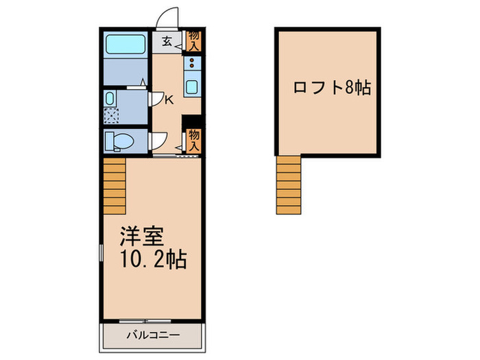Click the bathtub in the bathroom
(x=125, y=45)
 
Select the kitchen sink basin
(x=191, y=88)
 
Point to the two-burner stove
(x=191, y=64)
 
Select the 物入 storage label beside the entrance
(x=193, y=40)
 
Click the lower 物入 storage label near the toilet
(x=193, y=141)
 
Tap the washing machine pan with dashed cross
(x=110, y=117)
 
